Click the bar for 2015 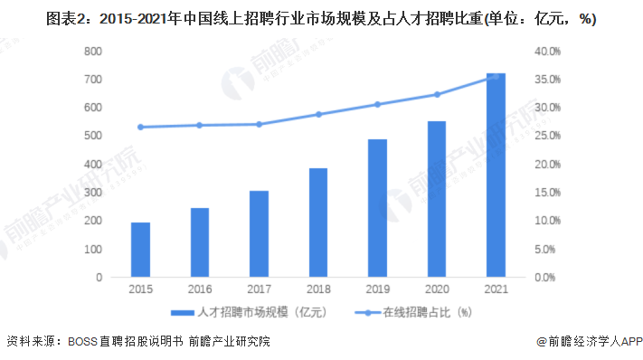point(140,250)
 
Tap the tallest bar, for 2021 point(496,175)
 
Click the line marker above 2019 point(377,104)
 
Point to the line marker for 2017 point(259,124)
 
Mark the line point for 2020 point(437,94)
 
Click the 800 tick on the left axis point(92,52)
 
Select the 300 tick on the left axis point(92,193)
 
